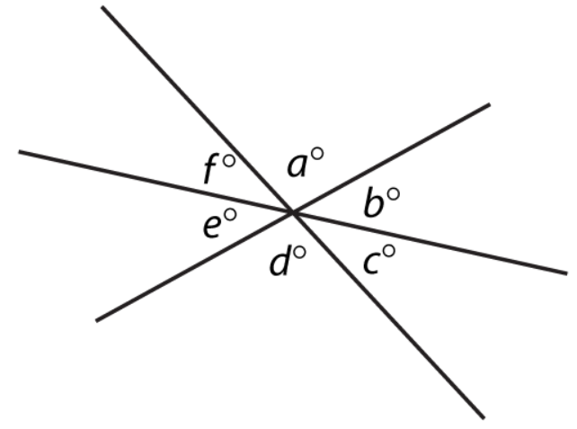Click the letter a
click(x=297, y=166)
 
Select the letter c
click(x=373, y=263)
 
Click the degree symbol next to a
click(x=317, y=153)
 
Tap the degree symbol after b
click(x=394, y=193)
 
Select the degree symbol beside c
click(x=389, y=251)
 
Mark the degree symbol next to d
click(x=300, y=253)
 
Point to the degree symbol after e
click(x=231, y=215)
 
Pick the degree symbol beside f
click(x=229, y=161)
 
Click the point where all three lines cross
click(x=292, y=212)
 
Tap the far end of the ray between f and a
click(x=102, y=7)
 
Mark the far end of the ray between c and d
click(x=484, y=417)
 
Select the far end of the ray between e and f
click(x=20, y=151)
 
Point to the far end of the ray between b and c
click(x=566, y=273)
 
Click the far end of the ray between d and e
click(x=97, y=319)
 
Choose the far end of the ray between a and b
click(x=489, y=104)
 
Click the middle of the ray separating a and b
click(x=391, y=158)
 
